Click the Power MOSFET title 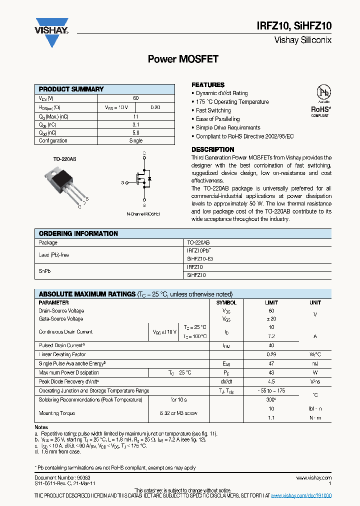(x=183, y=59)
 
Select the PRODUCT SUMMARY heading (x=71, y=89)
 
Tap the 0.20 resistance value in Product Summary (x=155, y=107)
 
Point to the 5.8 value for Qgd (x=136, y=132)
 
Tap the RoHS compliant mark (x=320, y=111)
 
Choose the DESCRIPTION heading (x=212, y=149)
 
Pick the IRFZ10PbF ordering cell (x=202, y=250)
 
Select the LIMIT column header (x=271, y=302)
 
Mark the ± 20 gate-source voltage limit (x=271, y=318)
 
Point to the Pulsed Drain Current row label (x=62, y=345)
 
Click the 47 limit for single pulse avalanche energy (x=271, y=363)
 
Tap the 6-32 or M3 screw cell (x=178, y=413)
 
